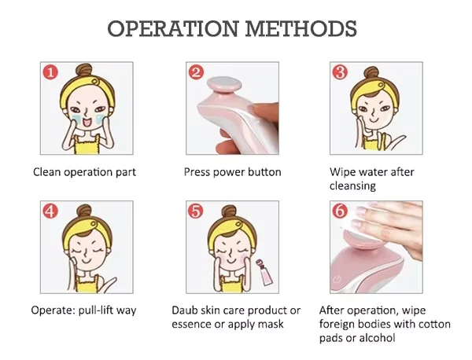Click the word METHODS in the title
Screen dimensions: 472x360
(301, 29)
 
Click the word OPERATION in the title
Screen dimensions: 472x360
(173, 29)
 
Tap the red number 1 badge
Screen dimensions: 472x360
(50, 72)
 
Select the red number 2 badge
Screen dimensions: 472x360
(196, 72)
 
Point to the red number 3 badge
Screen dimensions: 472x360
(340, 72)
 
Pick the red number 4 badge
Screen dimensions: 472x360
(50, 211)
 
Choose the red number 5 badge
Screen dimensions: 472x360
(196, 211)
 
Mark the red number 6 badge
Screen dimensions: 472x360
(340, 211)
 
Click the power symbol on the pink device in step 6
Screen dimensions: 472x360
(338, 281)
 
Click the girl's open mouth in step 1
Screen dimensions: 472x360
(87, 122)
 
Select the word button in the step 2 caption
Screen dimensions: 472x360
(264, 172)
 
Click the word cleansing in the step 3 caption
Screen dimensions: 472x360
(352, 186)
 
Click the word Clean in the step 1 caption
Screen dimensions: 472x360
(46, 172)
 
